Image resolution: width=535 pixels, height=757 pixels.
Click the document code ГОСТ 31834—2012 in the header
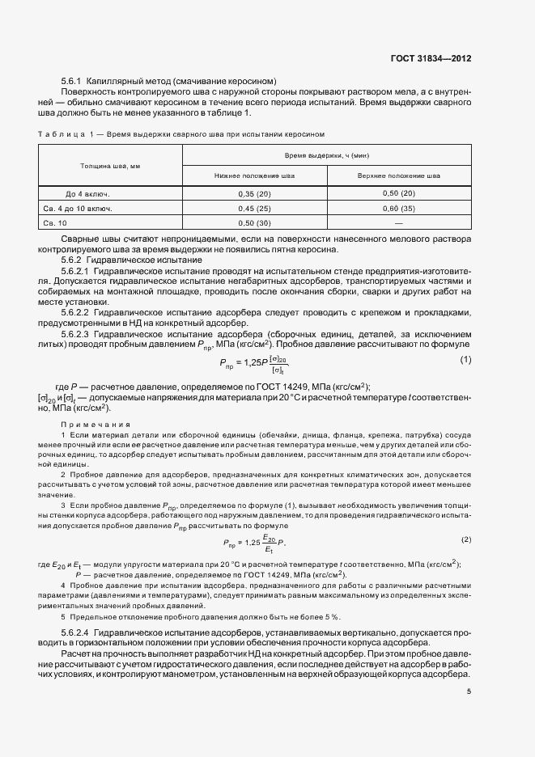click(431, 59)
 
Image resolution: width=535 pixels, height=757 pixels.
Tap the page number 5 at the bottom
click(469, 691)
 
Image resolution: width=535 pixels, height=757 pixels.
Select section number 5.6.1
click(74, 82)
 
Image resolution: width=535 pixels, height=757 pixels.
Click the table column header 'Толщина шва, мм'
click(110, 165)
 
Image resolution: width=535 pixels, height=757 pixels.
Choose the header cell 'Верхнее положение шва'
click(399, 175)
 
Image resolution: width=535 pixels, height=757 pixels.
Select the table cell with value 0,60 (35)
click(398, 209)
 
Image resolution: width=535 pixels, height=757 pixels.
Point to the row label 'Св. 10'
click(55, 222)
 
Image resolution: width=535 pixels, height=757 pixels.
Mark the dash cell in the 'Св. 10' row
click(398, 222)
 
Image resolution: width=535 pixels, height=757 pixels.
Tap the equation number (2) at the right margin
click(465, 539)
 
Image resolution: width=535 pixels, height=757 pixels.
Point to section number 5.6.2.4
click(80, 629)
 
